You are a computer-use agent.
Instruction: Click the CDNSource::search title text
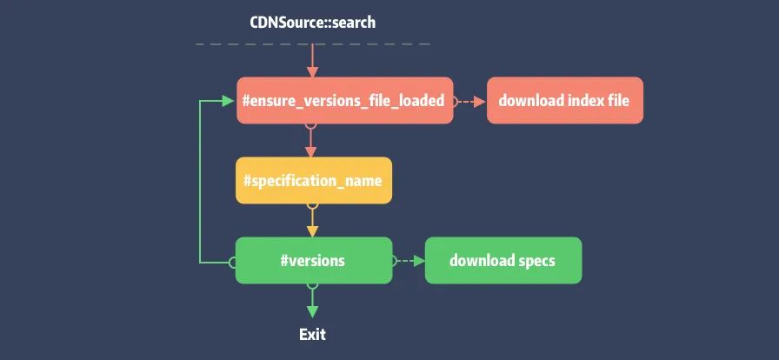click(x=312, y=22)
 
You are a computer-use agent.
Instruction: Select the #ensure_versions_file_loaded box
click(x=344, y=101)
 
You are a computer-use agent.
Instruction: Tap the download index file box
click(x=564, y=101)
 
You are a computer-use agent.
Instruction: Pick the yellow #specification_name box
click(x=313, y=181)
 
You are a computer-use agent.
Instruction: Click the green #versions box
click(x=313, y=261)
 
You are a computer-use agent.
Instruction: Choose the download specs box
click(x=503, y=261)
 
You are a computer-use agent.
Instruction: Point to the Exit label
click(x=312, y=334)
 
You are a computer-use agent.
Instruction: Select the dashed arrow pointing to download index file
click(x=470, y=101)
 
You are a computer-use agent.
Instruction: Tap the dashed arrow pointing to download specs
click(x=408, y=261)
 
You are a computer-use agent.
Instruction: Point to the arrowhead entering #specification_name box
click(x=312, y=151)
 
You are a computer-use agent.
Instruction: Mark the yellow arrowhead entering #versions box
click(x=312, y=231)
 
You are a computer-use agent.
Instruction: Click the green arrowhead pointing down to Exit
click(x=312, y=310)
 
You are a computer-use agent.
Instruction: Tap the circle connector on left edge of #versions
click(x=233, y=261)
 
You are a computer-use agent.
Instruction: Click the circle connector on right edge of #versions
click(x=394, y=261)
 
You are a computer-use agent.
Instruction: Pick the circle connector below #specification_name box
click(x=313, y=206)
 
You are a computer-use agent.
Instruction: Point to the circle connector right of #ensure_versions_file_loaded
click(x=456, y=101)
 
